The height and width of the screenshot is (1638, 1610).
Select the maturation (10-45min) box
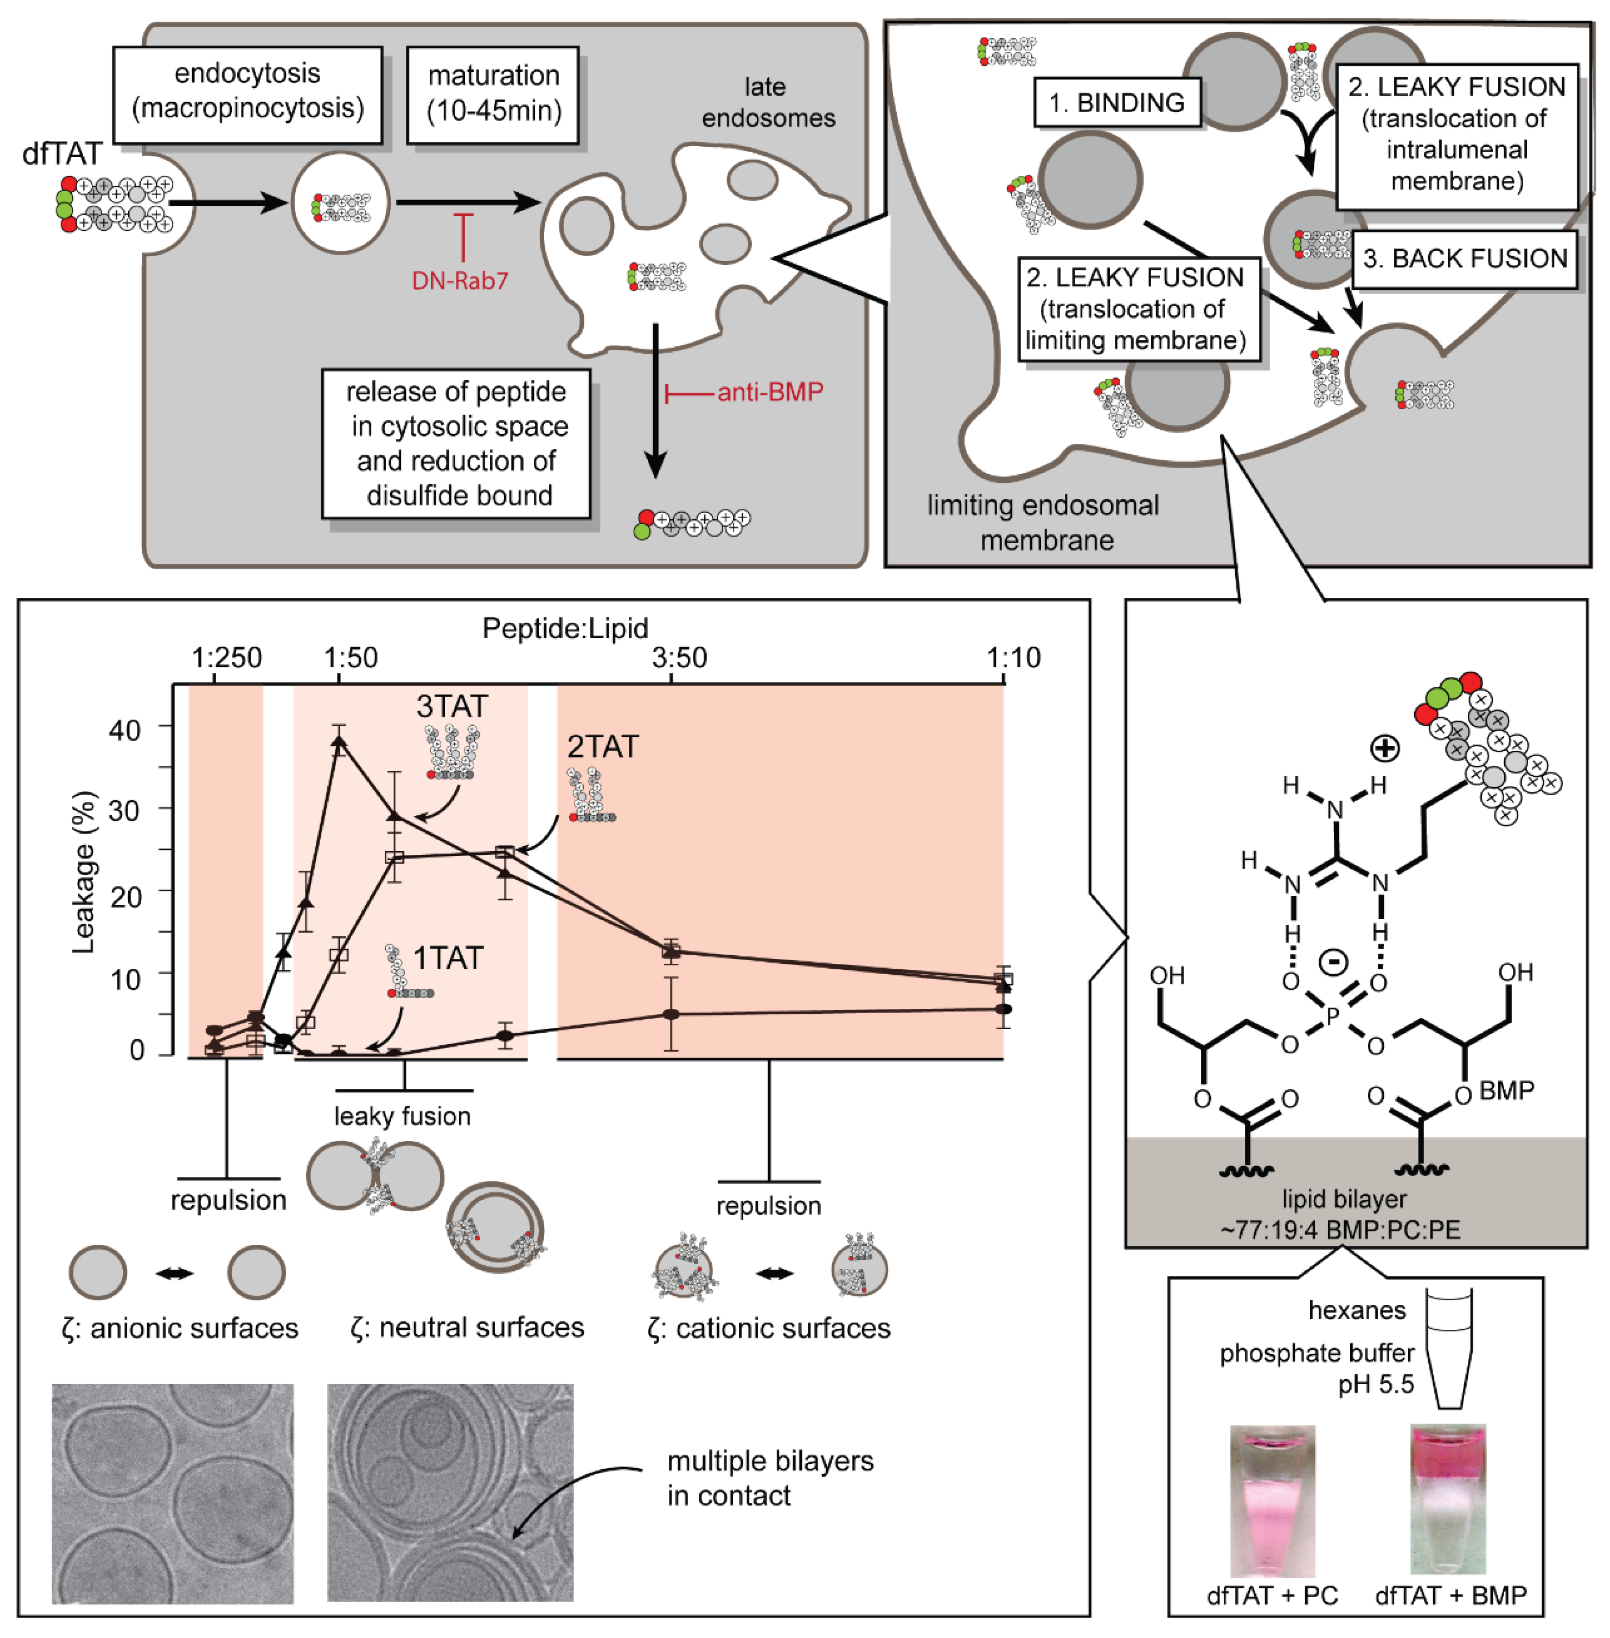pyautogui.click(x=493, y=94)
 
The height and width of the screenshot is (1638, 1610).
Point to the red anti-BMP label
pyautogui.click(x=770, y=391)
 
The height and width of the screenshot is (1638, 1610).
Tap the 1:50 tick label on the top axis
pyautogui.click(x=350, y=658)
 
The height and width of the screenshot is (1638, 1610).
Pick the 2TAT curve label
pyautogui.click(x=602, y=747)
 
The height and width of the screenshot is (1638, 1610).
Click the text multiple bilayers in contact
pyautogui.click(x=770, y=1478)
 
